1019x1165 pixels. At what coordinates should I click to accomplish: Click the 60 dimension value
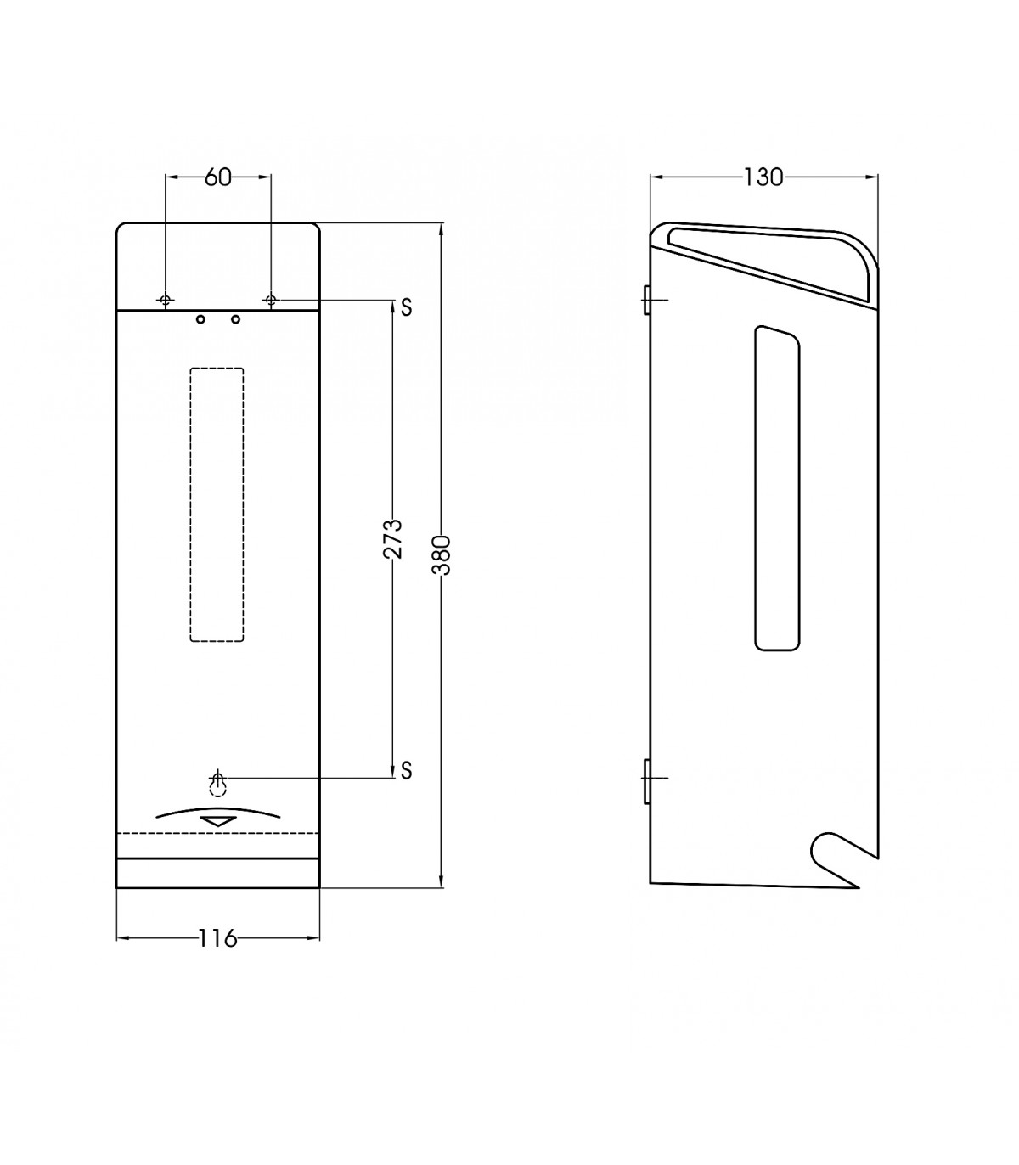[x=218, y=177]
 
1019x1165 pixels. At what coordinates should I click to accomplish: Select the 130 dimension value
[x=763, y=177]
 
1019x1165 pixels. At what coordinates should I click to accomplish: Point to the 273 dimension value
[x=393, y=538]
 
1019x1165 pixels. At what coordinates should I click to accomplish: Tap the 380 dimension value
[x=442, y=555]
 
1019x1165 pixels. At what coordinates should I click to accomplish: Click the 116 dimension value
[x=217, y=937]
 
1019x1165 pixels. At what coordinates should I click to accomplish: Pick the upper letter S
[x=406, y=307]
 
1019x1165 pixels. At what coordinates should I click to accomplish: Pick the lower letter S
[x=406, y=770]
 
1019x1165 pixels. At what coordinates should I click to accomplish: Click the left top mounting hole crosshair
[x=166, y=300]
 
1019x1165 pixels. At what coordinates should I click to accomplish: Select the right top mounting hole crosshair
[x=271, y=300]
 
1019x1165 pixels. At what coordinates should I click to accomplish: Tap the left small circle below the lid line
[x=200, y=319]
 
